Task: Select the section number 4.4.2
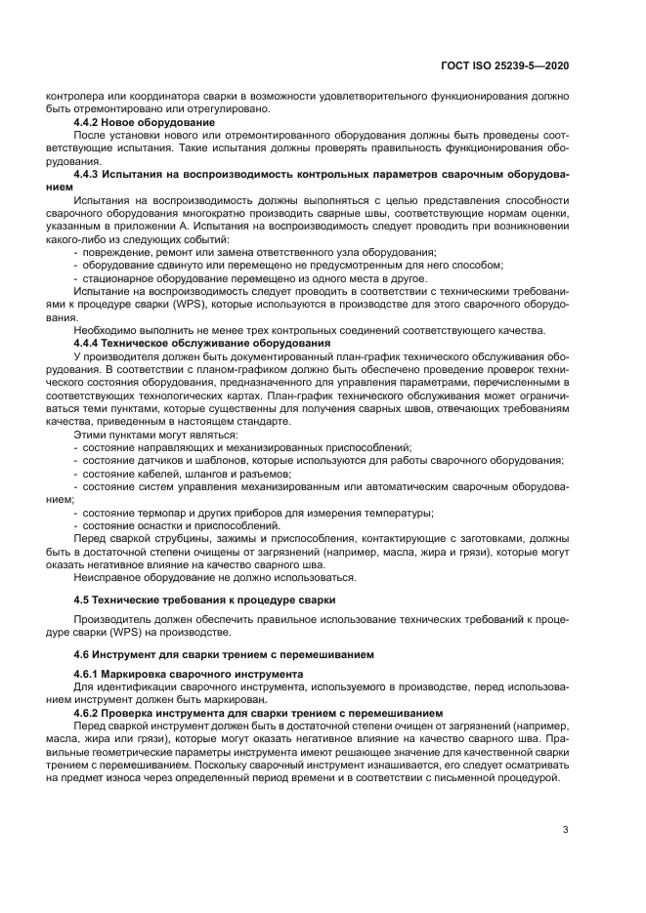pyautogui.click(x=91, y=122)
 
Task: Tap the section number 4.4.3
pyautogui.click(x=91, y=173)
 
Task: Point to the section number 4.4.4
pyautogui.click(x=91, y=343)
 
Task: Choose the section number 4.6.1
pyautogui.click(x=91, y=674)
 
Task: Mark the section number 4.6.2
pyautogui.click(x=91, y=713)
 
